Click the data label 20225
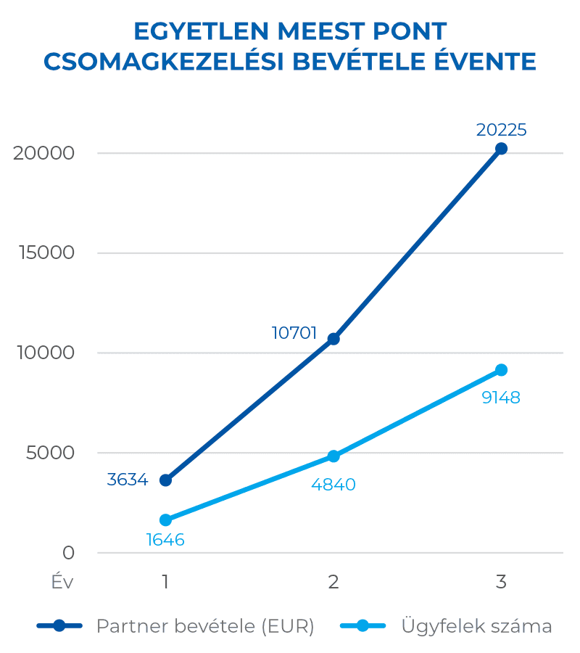tap(501, 130)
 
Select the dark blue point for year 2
tap(333, 339)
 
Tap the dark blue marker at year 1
tap(166, 480)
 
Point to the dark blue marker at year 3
tap(501, 149)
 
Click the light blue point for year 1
tap(166, 520)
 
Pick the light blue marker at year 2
tap(333, 456)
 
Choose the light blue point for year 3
tap(501, 370)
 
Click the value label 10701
tap(294, 333)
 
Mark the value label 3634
tap(128, 480)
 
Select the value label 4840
tap(333, 485)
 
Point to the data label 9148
tap(501, 398)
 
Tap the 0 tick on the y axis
tap(68, 553)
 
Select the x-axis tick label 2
tap(333, 582)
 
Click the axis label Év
tap(62, 582)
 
